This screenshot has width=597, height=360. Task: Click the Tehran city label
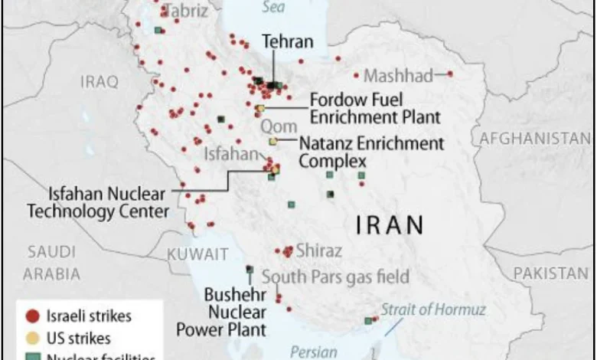pos(287,41)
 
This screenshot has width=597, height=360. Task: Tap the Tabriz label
pos(186,11)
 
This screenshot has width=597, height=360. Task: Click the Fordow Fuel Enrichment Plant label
pos(375,108)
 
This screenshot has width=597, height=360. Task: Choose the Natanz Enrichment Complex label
pos(370,152)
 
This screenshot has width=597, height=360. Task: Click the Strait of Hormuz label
pos(433,309)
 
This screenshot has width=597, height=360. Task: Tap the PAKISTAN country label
pos(551,273)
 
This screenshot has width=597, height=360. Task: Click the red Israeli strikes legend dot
pos(31,316)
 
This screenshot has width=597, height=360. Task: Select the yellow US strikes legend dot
pos(31,337)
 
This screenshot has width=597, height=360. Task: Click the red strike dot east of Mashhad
pos(449,74)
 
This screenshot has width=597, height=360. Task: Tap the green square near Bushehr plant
pos(249,269)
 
